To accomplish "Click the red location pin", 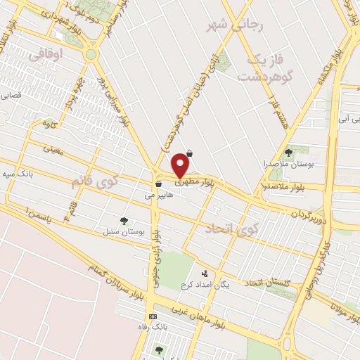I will [181, 165].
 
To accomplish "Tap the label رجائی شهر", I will [235, 26].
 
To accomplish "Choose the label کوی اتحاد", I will [232, 229].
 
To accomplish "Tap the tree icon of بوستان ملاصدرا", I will [288, 153].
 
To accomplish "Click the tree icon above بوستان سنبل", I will [124, 221].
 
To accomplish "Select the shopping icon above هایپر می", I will [160, 185].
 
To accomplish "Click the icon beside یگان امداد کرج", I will [205, 274].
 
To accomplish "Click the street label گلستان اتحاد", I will [266, 283].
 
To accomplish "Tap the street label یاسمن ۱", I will [37, 217].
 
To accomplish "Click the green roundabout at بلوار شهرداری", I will [91, 54].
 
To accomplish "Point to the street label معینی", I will [53, 149].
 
